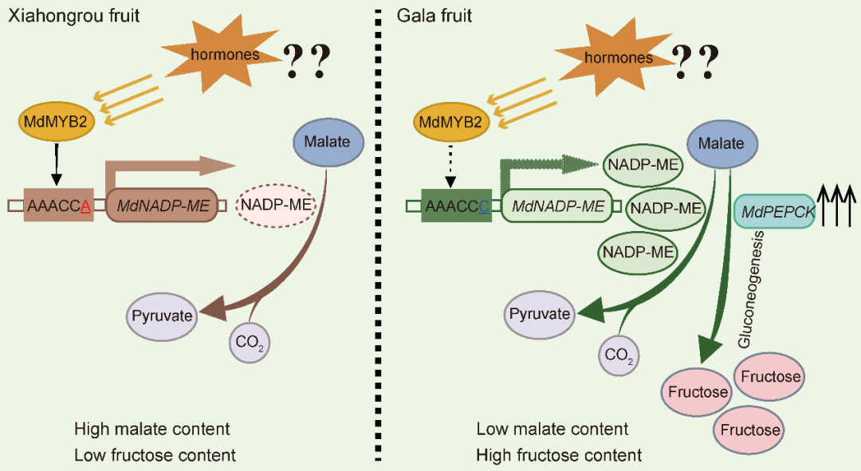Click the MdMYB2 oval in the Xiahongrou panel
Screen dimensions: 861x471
coord(56,121)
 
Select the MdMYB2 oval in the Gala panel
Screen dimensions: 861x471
coord(450,122)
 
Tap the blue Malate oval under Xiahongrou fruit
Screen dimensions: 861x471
coord(328,142)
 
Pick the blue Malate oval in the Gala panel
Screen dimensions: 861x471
coord(722,143)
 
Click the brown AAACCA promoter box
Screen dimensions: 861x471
coord(58,206)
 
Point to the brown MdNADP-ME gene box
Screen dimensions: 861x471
coord(162,206)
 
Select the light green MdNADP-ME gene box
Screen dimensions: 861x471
coord(556,206)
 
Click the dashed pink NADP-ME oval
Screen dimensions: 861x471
coord(276,205)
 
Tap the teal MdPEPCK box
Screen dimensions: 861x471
coord(775,211)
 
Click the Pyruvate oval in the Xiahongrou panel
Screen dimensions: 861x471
coord(162,316)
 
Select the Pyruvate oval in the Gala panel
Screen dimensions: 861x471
coord(540,315)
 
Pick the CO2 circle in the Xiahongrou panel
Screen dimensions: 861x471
coord(250,343)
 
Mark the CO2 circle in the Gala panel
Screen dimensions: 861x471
coord(619,355)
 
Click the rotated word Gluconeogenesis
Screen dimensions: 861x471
coord(751,288)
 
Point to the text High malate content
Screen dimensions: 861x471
coord(152,429)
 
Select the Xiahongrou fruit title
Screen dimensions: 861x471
coord(74,15)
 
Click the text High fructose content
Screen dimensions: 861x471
coord(559,455)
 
